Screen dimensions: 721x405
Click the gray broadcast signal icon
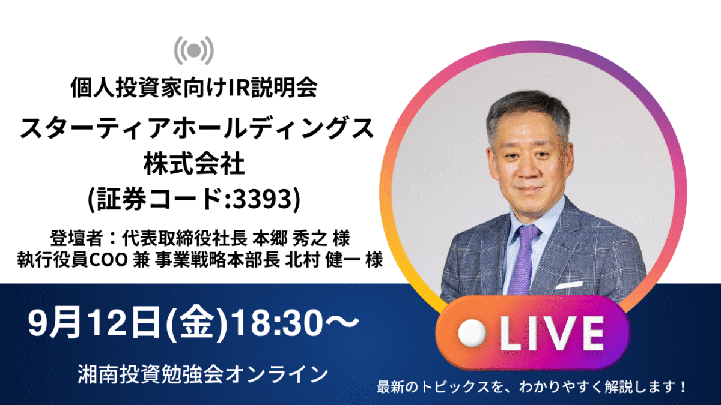coord(193,50)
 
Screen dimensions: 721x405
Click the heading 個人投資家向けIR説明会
coord(194,88)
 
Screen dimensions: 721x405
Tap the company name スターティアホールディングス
coord(196,128)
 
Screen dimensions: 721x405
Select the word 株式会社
coord(194,164)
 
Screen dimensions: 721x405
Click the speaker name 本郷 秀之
coord(290,238)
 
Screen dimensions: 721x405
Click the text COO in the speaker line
coord(108,260)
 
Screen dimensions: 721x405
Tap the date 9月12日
coord(95,322)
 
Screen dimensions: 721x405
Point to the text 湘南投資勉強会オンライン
coord(203,374)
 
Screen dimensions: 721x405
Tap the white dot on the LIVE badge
coord(472,334)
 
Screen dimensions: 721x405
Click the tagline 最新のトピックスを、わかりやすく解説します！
coord(531,386)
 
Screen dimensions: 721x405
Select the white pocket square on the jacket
coord(569,285)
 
